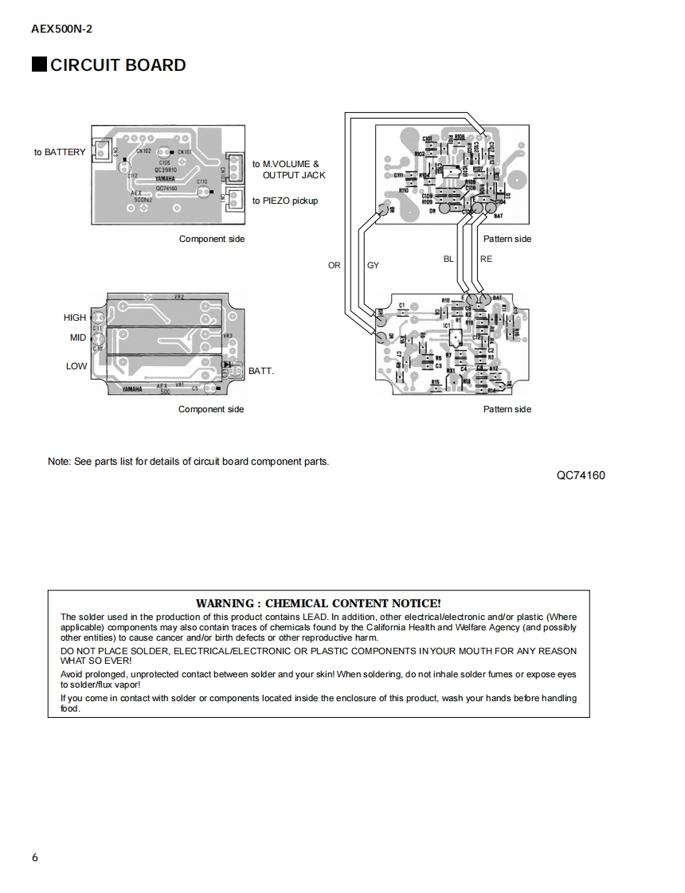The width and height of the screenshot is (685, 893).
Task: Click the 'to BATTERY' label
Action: click(59, 152)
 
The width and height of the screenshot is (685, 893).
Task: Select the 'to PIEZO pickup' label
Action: click(285, 201)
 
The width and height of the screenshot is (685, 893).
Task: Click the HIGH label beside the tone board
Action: click(75, 318)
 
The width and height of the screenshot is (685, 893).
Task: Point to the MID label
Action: click(77, 337)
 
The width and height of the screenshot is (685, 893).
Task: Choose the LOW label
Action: click(76, 366)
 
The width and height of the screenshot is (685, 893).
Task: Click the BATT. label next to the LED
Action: click(261, 371)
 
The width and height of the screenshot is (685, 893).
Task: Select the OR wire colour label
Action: click(335, 266)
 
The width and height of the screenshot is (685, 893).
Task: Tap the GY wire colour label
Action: click(373, 266)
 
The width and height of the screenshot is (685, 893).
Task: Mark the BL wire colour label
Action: click(448, 259)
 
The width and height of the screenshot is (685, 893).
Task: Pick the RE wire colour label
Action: click(486, 259)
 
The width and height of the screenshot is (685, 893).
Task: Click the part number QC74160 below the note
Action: click(581, 476)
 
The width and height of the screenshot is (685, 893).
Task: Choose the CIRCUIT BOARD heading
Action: click(117, 65)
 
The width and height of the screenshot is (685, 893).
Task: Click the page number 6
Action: click(34, 857)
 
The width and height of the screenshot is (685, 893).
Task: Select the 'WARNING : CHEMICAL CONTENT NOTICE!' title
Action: click(318, 603)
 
